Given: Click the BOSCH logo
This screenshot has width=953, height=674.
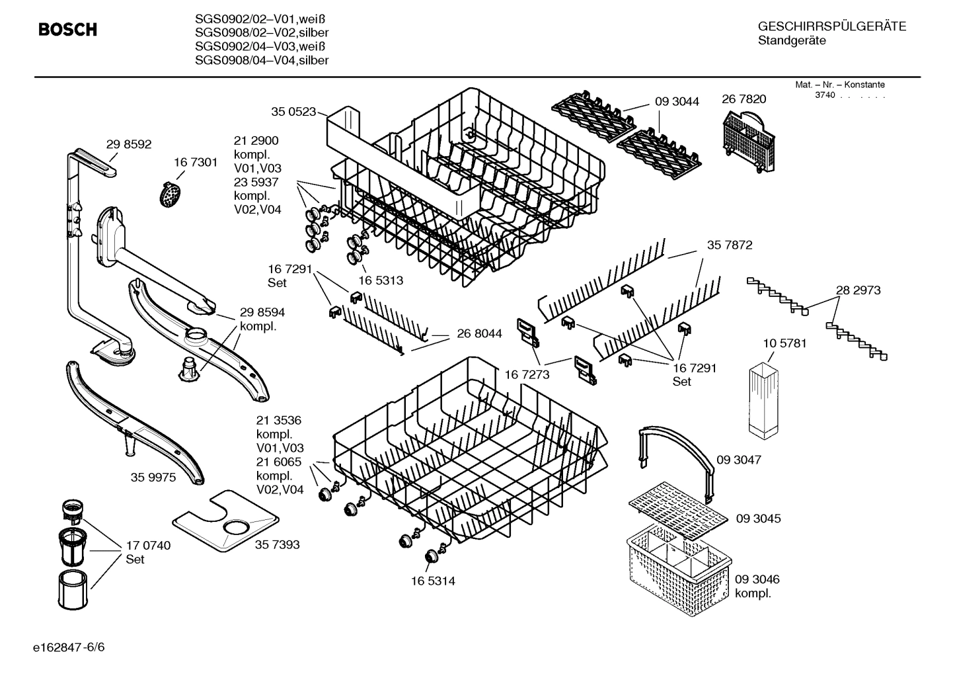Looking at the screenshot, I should tap(67, 30).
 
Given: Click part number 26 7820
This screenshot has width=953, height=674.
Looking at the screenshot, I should tap(743, 99).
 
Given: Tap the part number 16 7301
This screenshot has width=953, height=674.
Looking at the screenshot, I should tap(196, 163).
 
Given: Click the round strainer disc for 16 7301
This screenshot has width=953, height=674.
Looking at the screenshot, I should tap(171, 194).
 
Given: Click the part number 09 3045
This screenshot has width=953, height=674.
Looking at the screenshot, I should tap(758, 519).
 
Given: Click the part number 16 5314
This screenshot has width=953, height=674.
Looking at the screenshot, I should tap(433, 581).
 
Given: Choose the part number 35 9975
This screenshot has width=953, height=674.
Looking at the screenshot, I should tap(153, 478).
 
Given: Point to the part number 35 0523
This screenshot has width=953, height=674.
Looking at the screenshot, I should tap(293, 112).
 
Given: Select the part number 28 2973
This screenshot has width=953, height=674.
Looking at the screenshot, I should tap(858, 290).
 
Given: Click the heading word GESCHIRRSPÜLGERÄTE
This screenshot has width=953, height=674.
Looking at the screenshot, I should tap(831, 26).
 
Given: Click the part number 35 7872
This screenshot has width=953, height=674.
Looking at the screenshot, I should tap(730, 245).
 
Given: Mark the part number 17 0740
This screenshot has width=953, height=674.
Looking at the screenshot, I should tap(148, 546).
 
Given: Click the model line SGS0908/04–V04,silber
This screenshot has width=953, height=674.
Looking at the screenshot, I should tap(262, 61).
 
